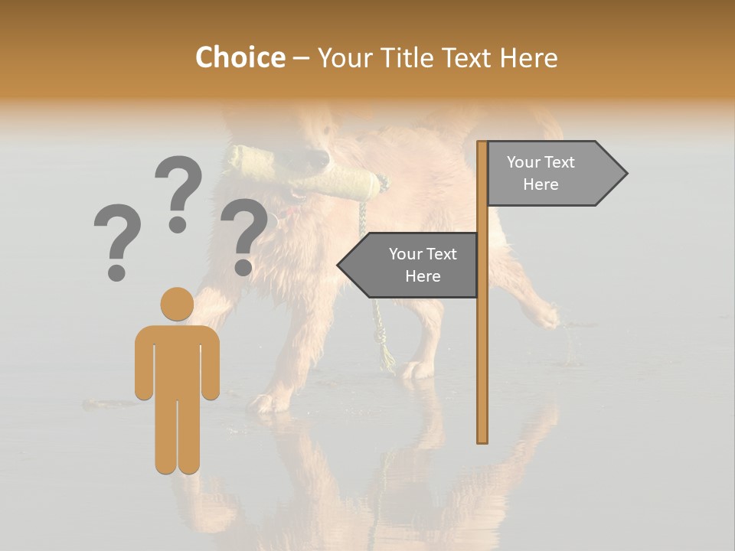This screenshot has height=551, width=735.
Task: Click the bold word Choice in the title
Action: (240, 57)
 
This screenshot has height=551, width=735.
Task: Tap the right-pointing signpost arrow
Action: (556, 174)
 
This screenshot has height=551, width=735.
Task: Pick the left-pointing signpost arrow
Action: (410, 265)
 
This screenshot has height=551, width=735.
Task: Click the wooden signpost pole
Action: (482, 344)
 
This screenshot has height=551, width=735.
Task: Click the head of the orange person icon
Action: (177, 303)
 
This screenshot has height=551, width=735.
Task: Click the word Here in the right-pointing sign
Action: (541, 184)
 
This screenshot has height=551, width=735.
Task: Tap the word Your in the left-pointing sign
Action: (406, 254)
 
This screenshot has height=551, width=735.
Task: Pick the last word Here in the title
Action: (528, 57)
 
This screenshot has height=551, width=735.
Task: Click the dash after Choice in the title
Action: (301, 58)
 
